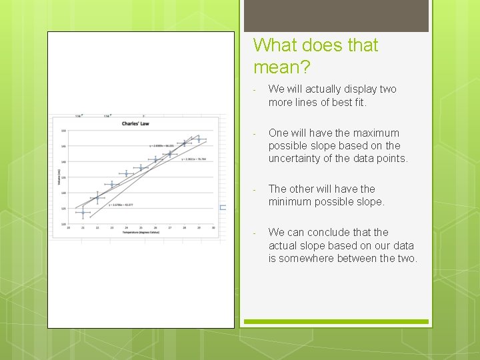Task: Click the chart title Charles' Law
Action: (135, 123)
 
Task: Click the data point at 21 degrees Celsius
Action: (83, 213)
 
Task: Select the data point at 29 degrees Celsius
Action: (199, 140)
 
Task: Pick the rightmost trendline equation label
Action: (194, 159)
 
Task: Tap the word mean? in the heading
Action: (281, 67)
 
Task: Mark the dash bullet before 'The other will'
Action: (255, 189)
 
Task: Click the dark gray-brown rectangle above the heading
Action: (336, 15)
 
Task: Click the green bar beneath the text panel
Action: (336, 321)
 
